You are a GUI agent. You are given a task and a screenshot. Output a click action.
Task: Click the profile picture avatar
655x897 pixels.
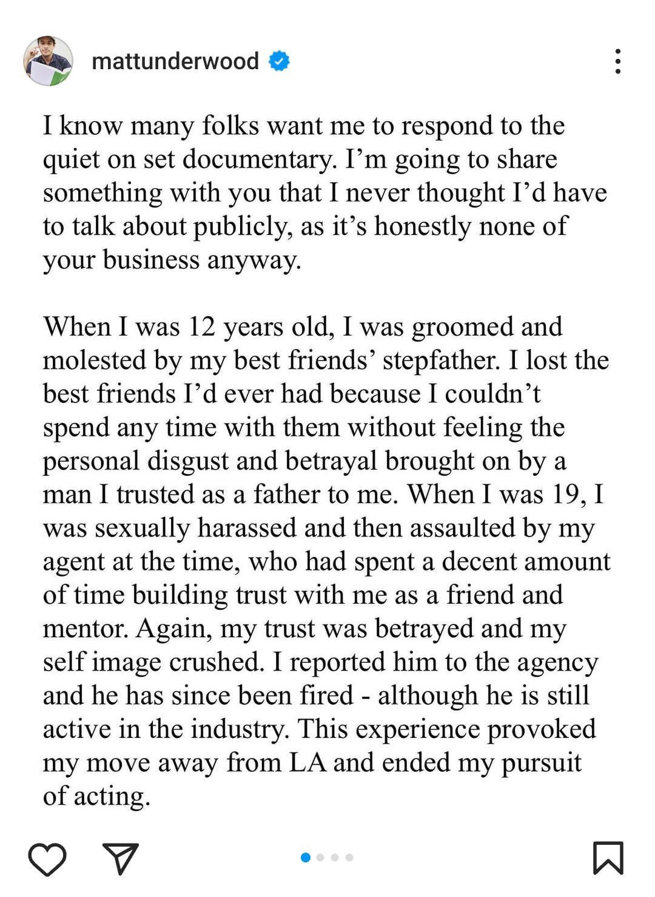pyautogui.click(x=48, y=61)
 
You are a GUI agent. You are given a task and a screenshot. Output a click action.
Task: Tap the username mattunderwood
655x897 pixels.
pyautogui.click(x=175, y=61)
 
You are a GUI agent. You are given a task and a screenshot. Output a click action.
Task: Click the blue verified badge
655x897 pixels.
pyautogui.click(x=279, y=61)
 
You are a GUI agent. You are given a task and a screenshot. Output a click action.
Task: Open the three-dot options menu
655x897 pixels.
pyautogui.click(x=617, y=61)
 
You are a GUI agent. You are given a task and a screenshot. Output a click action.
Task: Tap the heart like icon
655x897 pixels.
pyautogui.click(x=47, y=858)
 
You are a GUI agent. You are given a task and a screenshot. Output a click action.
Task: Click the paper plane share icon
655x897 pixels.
pyautogui.click(x=121, y=858)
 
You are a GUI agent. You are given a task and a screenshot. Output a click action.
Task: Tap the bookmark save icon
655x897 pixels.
pyautogui.click(x=608, y=858)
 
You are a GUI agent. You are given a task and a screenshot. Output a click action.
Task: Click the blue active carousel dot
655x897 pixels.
pyautogui.click(x=306, y=858)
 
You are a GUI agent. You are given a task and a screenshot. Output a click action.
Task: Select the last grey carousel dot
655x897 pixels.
pyautogui.click(x=349, y=858)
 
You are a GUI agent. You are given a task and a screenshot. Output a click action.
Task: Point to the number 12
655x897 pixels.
pyautogui.click(x=202, y=327)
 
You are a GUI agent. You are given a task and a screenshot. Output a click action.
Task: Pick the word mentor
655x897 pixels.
pyautogui.click(x=85, y=629)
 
